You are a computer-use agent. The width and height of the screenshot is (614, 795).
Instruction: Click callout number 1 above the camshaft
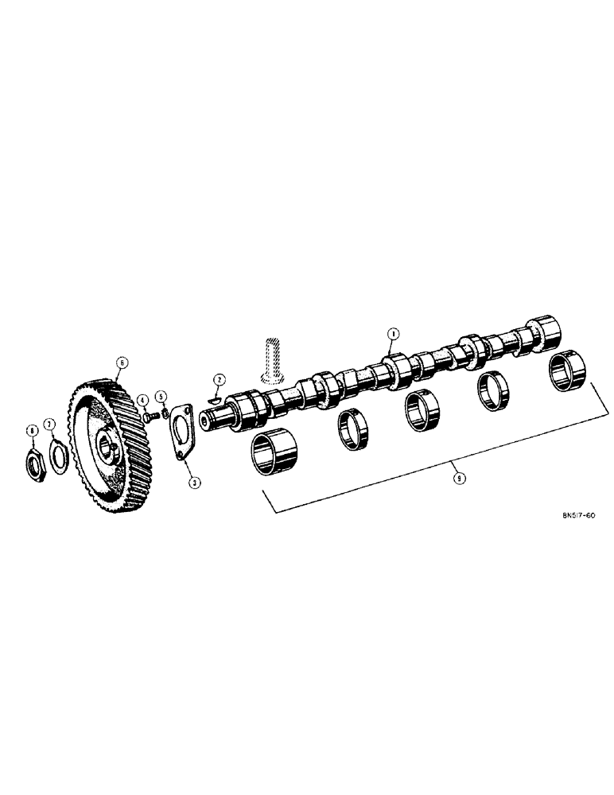coord(391,334)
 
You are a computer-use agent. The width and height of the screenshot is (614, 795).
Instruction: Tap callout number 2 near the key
coord(218,380)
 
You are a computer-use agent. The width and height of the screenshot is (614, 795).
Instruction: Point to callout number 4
coord(142,400)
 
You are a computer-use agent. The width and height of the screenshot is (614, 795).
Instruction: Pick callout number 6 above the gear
coord(121,363)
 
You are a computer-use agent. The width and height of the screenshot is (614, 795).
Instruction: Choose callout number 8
coord(32,430)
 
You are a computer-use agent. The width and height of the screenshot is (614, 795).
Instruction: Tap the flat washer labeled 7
coord(58,459)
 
